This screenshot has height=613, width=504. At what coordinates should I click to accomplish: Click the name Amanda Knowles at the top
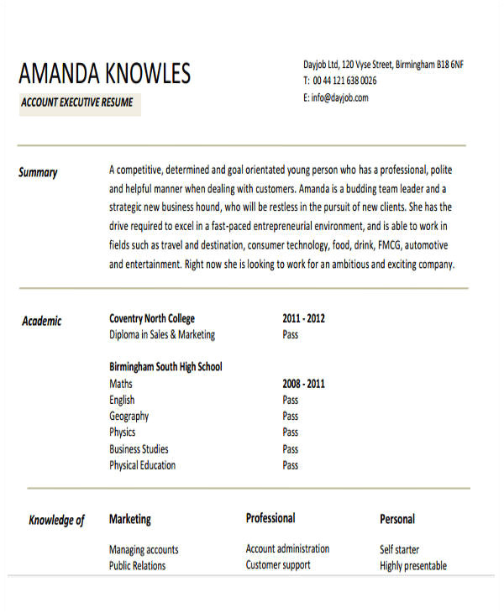[x=105, y=74]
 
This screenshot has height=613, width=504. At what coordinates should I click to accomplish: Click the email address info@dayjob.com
[x=335, y=98]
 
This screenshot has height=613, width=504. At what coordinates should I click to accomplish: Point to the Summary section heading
[x=38, y=173]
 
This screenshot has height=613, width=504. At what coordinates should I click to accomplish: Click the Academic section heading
[x=41, y=321]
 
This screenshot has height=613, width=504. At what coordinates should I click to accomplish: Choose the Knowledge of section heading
[x=56, y=521]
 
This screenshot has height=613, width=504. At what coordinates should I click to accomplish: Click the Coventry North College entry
[x=152, y=318]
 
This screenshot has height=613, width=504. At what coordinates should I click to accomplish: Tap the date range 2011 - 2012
[x=303, y=318]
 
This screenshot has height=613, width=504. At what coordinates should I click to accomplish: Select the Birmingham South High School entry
[x=165, y=367]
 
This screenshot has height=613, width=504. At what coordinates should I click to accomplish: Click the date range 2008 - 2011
[x=303, y=384]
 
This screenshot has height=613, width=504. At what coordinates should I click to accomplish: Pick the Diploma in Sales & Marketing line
[x=162, y=334]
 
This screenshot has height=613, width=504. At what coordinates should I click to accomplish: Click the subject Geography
[x=129, y=416]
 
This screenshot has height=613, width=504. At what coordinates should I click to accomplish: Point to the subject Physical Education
[x=143, y=464]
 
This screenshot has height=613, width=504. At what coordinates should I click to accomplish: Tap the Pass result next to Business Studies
[x=291, y=448]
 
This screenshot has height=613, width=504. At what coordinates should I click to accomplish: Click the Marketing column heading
[x=130, y=519]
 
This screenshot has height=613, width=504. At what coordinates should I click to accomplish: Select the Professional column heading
[x=270, y=518]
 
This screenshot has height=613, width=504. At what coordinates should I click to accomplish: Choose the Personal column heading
[x=397, y=519]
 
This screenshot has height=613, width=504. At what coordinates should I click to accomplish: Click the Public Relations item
[x=138, y=565]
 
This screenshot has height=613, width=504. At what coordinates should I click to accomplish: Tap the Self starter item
[x=400, y=550]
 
